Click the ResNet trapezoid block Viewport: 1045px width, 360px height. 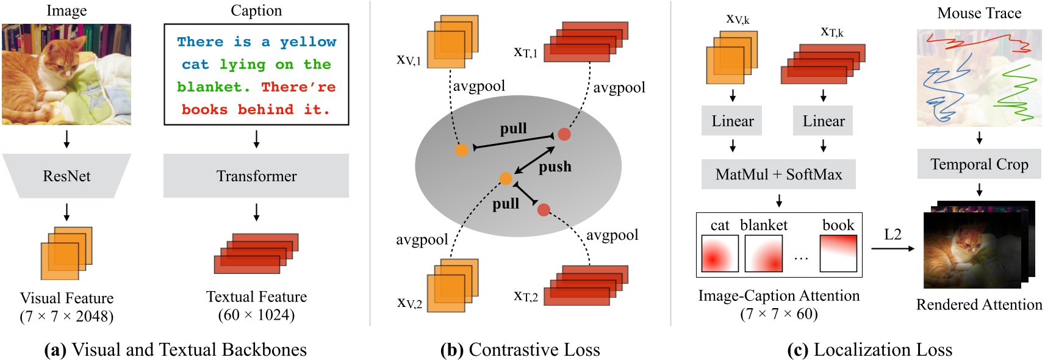tap(66, 176)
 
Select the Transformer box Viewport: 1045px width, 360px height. tap(256, 176)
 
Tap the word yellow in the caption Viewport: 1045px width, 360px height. tap(307, 41)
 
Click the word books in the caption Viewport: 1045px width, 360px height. tap(204, 109)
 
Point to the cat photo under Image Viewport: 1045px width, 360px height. tap(66, 74)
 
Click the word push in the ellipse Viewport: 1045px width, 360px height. tap(555, 167)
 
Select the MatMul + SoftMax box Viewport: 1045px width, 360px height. tap(778, 175)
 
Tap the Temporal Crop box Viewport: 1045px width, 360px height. tap(979, 164)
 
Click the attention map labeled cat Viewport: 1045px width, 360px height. tap(720, 253)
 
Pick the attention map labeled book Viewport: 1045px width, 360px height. tap(838, 253)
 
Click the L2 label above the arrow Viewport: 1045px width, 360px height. tap(892, 234)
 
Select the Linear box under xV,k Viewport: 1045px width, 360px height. tap(732, 121)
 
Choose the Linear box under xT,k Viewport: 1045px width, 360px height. tap(823, 121)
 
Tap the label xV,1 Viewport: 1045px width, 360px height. tap(408, 60)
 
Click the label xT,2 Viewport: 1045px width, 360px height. tap(525, 297)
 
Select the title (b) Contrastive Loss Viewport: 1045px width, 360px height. tap(520, 350)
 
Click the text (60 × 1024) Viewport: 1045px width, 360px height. tap(256, 315)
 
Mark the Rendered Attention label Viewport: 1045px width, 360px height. tap(979, 304)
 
